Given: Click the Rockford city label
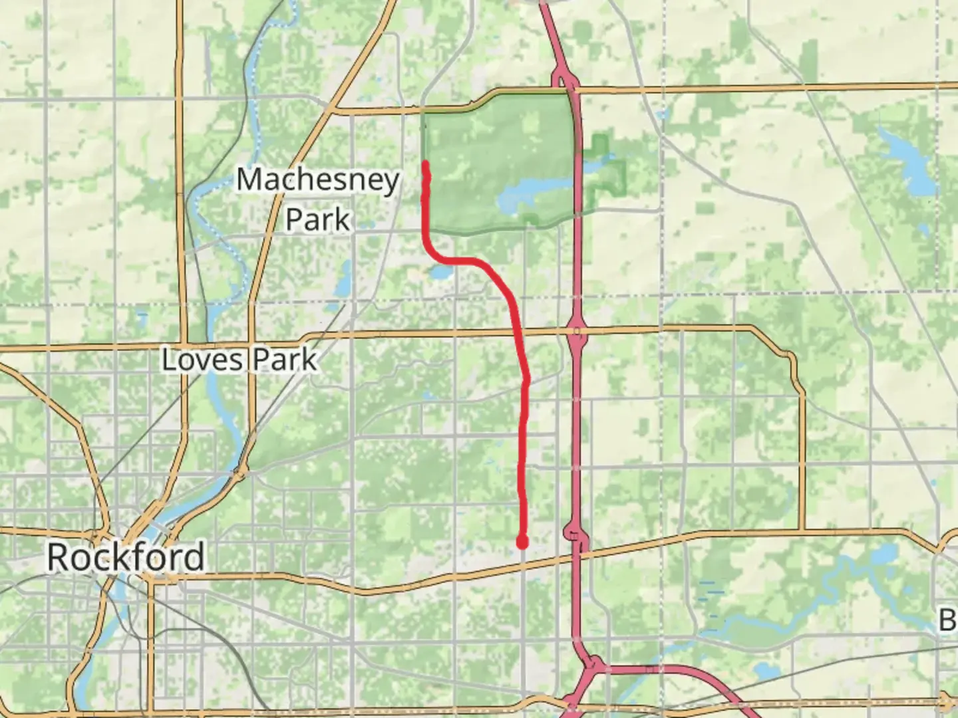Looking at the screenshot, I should [x=126, y=557].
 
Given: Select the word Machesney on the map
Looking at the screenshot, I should [x=318, y=179].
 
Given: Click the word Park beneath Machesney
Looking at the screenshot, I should [x=318, y=219].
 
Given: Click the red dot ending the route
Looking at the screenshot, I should [x=523, y=543].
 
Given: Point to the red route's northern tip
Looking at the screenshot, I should [x=425, y=163].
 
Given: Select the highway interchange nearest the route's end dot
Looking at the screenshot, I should [x=575, y=535].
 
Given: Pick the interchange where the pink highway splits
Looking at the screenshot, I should [x=591, y=665].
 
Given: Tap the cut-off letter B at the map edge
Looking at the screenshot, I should [x=947, y=620].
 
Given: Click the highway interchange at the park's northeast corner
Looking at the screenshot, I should [x=565, y=82].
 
